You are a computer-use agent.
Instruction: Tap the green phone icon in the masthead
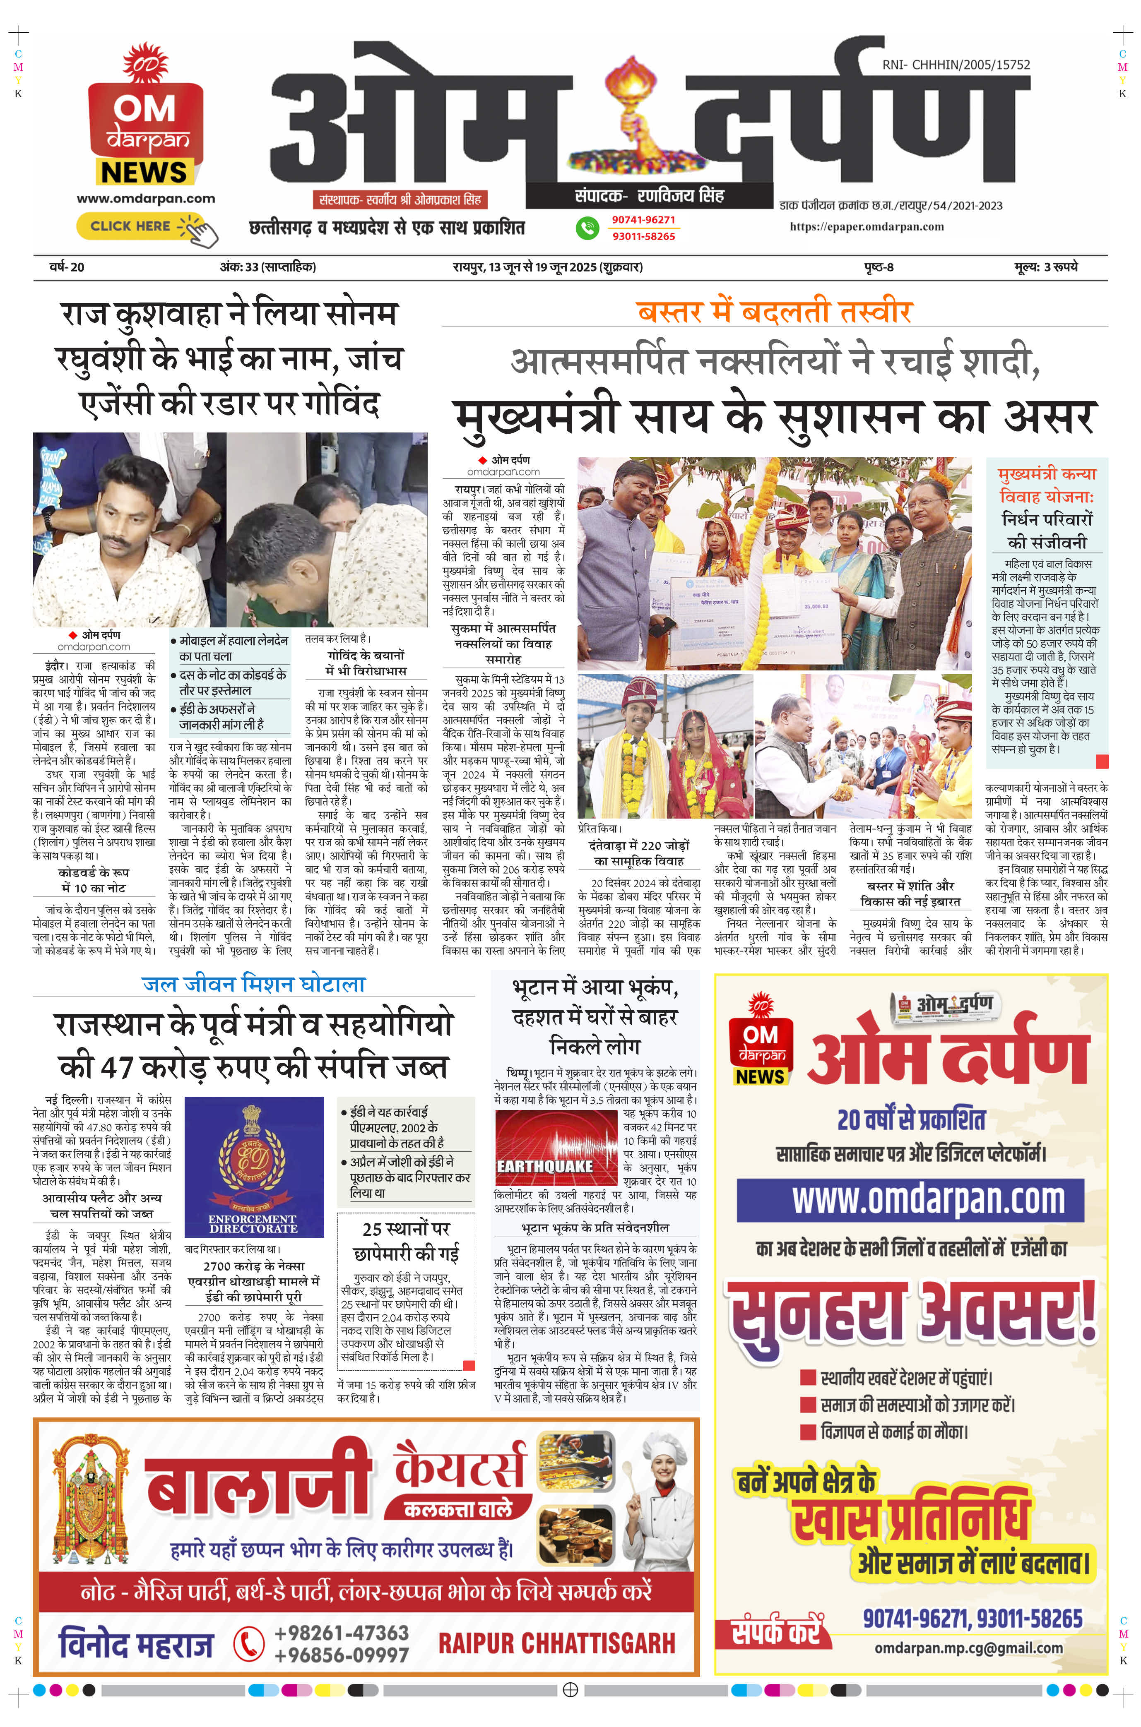point(587,228)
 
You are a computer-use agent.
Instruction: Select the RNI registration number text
point(956,65)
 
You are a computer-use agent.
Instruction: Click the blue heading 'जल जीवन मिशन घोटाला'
point(253,984)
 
